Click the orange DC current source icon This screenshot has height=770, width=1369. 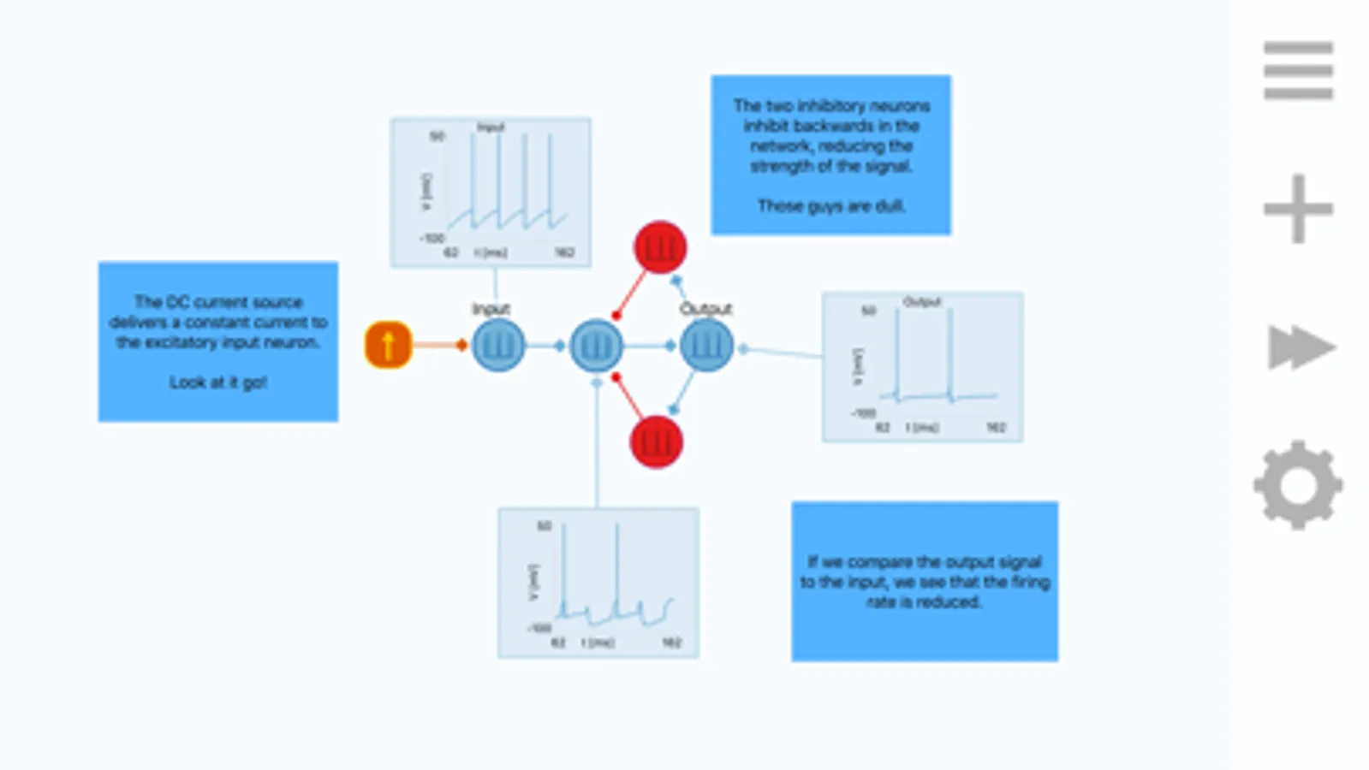pyautogui.click(x=388, y=345)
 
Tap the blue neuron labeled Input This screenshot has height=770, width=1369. pyautogui.click(x=497, y=346)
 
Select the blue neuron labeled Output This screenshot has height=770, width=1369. pyautogui.click(x=706, y=346)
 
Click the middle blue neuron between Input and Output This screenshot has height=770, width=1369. pyautogui.click(x=596, y=346)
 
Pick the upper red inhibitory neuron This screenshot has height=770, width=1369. pyautogui.click(x=659, y=248)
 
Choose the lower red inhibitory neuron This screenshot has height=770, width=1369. pyautogui.click(x=656, y=442)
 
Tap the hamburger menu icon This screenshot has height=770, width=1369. pyautogui.click(x=1298, y=70)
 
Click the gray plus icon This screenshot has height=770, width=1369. pyautogui.click(x=1298, y=209)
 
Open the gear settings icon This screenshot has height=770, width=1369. pyautogui.click(x=1298, y=485)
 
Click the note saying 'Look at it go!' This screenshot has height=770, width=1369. pyautogui.click(x=218, y=341)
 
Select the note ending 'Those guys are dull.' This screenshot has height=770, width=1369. pyautogui.click(x=830, y=155)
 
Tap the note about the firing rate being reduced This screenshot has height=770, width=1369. pyautogui.click(x=925, y=581)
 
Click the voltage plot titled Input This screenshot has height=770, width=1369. pyautogui.click(x=491, y=192)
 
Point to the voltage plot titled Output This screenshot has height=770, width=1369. pyautogui.click(x=922, y=367)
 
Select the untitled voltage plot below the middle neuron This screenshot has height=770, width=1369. pyautogui.click(x=598, y=583)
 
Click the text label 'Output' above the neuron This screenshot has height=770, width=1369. pyautogui.click(x=706, y=309)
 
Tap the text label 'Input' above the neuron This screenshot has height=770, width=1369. pyautogui.click(x=491, y=309)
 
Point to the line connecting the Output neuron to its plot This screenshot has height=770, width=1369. pyautogui.click(x=783, y=352)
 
